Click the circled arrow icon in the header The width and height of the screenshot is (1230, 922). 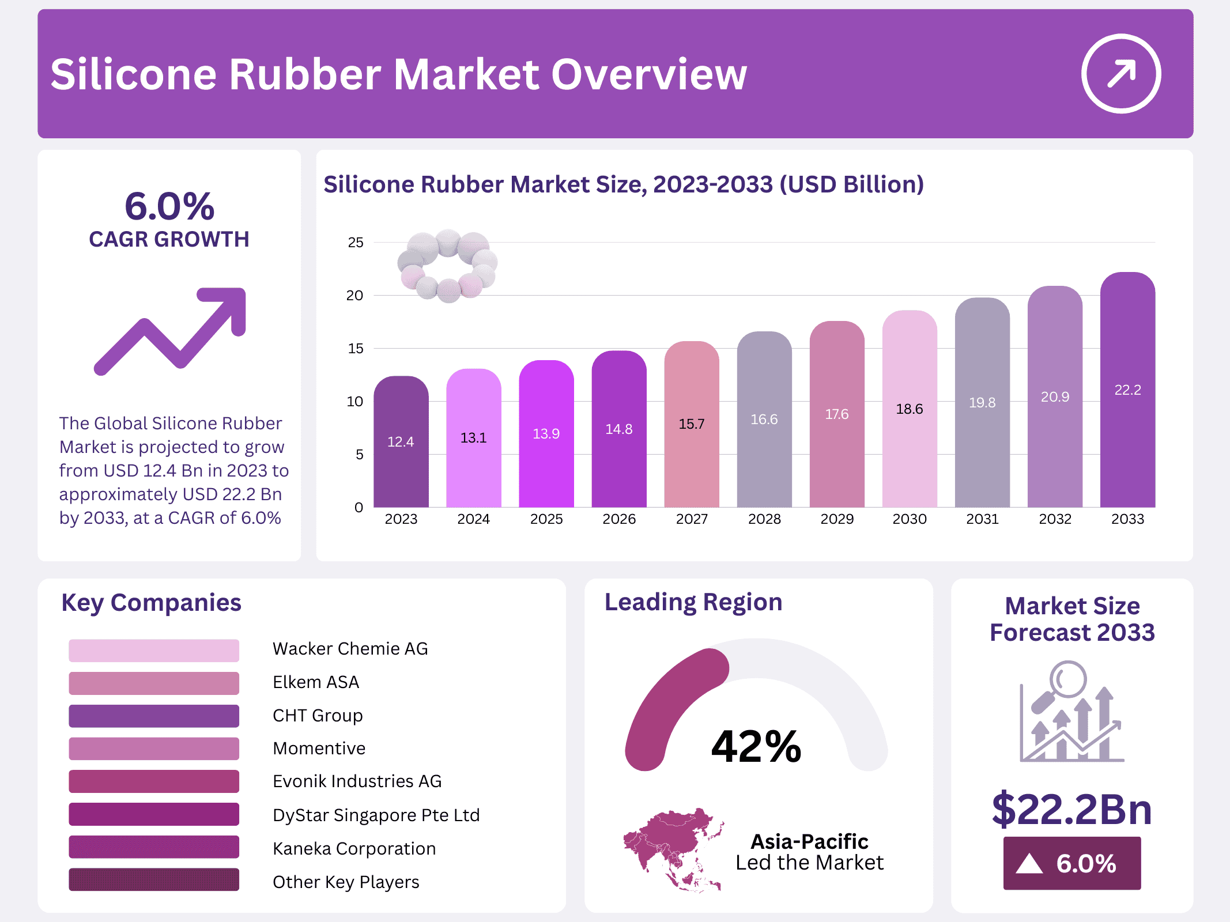point(1120,74)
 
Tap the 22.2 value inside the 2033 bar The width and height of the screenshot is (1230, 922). point(1127,390)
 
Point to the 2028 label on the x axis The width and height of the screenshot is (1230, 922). point(764,519)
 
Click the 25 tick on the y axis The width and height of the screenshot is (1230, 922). point(356,243)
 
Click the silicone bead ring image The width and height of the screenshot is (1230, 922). point(448,266)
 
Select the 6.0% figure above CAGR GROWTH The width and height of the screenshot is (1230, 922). point(169,206)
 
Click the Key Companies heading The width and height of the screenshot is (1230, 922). point(151,603)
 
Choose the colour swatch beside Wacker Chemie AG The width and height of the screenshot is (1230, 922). point(154,650)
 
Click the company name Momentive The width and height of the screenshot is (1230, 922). point(319,749)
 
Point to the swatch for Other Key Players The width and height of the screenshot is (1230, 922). point(154,880)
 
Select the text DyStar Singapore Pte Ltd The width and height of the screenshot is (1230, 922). point(376,815)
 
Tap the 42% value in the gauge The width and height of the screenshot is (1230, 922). point(756,747)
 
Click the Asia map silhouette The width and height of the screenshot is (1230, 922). point(673,848)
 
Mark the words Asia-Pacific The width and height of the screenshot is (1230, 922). point(809,842)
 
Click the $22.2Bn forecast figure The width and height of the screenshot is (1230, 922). point(1071,809)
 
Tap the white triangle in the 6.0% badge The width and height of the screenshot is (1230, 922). point(1029,864)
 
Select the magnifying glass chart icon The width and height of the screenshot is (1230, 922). point(1071,712)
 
